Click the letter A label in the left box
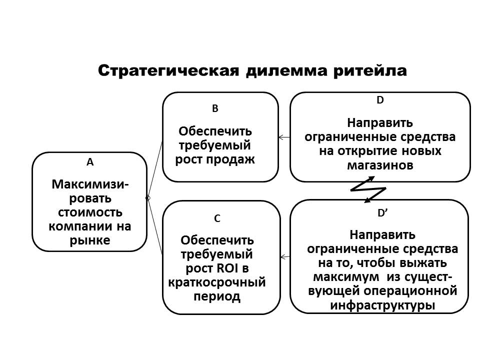[x=90, y=162]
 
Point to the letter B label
[x=215, y=108]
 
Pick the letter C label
[x=217, y=218]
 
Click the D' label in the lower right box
[x=382, y=213]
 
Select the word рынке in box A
[x=90, y=240]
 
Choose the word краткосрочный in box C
[x=217, y=282]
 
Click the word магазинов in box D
[x=380, y=165]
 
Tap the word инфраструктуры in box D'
[x=379, y=304]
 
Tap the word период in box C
[x=217, y=296]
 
